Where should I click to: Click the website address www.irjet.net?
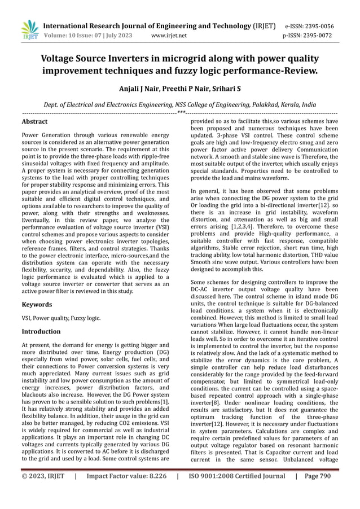click(x=170, y=36)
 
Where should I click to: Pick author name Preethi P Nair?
click(x=186, y=89)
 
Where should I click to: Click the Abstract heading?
click(x=34, y=121)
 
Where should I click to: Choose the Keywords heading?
click(x=37, y=304)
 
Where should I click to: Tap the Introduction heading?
click(x=41, y=331)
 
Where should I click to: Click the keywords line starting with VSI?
click(x=61, y=318)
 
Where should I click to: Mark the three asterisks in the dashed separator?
click(x=181, y=113)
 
